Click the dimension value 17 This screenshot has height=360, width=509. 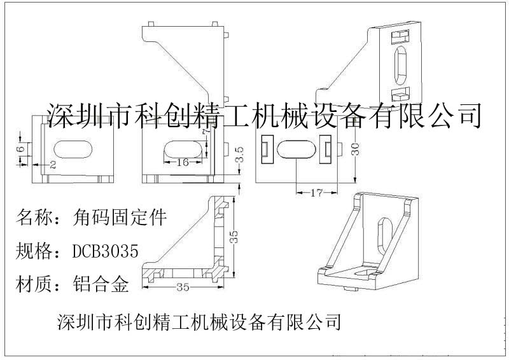coord(316,192)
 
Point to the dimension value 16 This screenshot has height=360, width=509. coord(182,162)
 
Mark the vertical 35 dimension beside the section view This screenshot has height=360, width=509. coord(234,238)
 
